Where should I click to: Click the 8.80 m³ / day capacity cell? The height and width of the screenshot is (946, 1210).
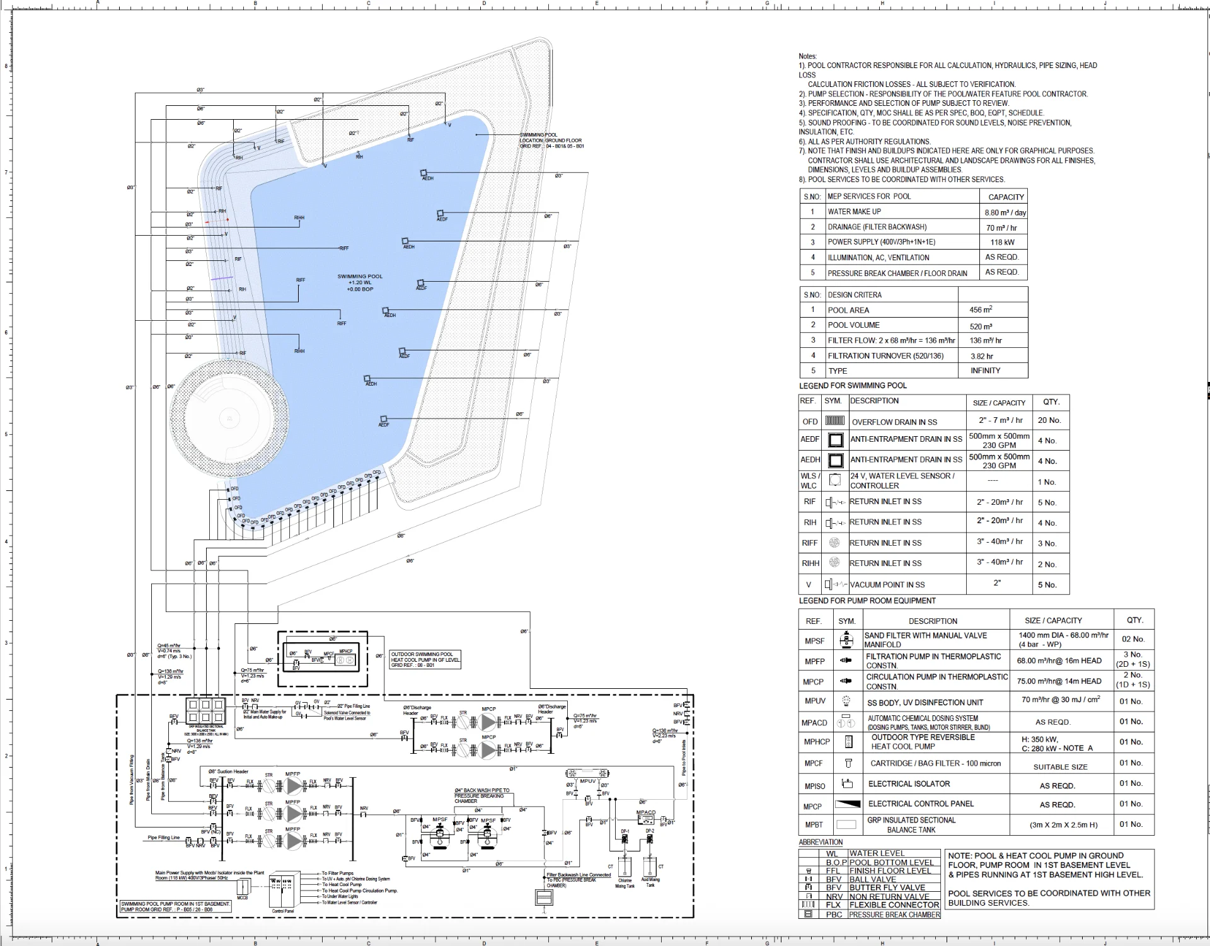pos(1005,212)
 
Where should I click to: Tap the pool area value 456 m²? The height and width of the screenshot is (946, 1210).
pos(981,310)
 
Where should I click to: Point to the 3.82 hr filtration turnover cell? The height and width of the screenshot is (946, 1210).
pos(981,356)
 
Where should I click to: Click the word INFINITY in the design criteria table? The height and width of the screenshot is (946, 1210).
pos(985,371)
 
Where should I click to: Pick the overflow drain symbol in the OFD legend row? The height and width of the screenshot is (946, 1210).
pos(834,420)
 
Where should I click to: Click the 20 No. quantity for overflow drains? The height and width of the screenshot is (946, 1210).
pos(1049,420)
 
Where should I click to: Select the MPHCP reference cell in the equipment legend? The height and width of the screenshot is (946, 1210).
pos(816,742)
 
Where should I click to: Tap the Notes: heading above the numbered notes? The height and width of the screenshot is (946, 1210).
pos(807,56)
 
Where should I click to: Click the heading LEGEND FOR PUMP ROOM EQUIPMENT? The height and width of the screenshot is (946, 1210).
pos(867,601)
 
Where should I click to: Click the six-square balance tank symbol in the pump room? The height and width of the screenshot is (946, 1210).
pos(205,710)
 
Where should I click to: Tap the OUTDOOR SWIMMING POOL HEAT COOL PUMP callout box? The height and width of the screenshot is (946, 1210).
pos(425,659)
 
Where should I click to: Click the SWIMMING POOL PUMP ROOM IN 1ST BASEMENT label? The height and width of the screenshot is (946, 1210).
pos(176,906)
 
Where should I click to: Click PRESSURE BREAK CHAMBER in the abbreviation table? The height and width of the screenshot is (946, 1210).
pos(894,914)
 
